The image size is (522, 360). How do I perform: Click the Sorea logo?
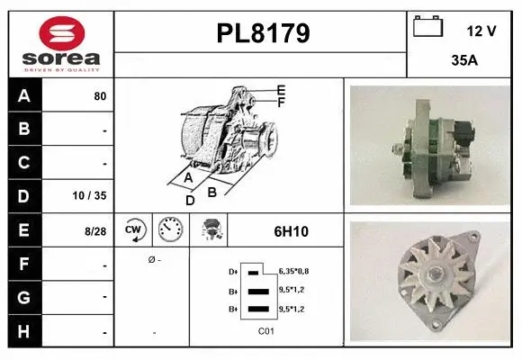click(x=60, y=44)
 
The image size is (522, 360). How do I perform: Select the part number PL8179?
click(x=263, y=33)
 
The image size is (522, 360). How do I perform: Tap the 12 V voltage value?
click(x=481, y=31)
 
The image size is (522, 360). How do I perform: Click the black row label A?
click(x=23, y=95)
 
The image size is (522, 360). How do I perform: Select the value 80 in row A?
click(x=99, y=95)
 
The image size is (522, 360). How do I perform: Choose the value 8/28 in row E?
click(x=94, y=231)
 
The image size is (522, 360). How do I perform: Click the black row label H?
click(x=23, y=332)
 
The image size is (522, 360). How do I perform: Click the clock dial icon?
click(x=170, y=230)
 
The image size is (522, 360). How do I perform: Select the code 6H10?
click(x=291, y=231)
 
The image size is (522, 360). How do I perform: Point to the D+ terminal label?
click(x=233, y=271)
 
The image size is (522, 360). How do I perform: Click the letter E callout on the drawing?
click(x=281, y=90)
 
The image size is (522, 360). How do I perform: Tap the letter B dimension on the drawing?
click(x=212, y=191)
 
